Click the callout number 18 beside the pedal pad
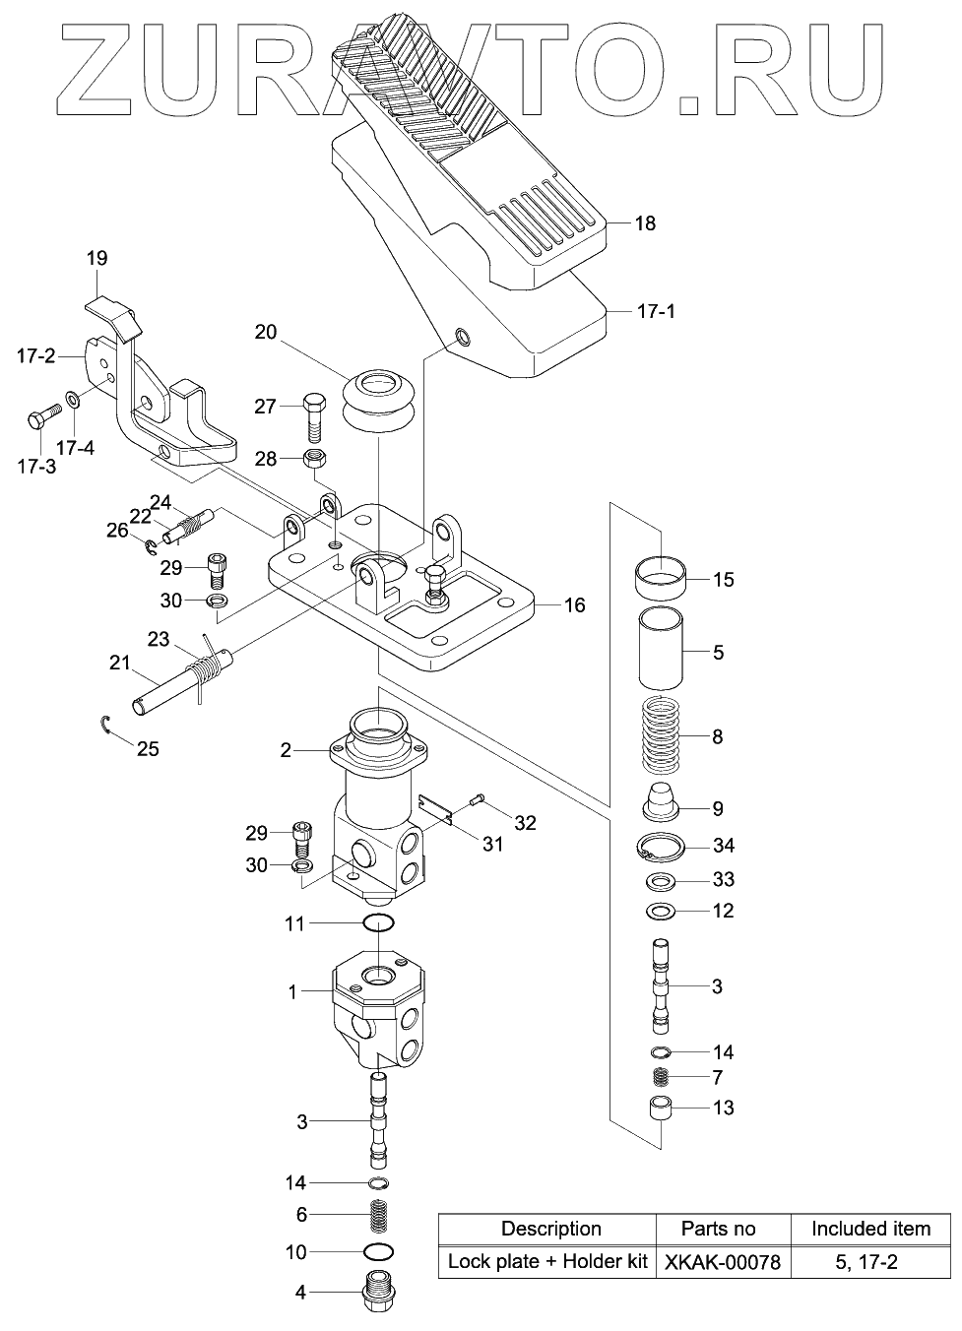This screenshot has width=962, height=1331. pyautogui.click(x=644, y=223)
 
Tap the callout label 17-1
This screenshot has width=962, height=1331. pyautogui.click(x=657, y=311)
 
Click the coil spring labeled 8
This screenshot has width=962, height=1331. pyautogui.click(x=660, y=735)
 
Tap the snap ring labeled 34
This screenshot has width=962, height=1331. pyautogui.click(x=660, y=846)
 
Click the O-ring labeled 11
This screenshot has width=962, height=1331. pyautogui.click(x=378, y=923)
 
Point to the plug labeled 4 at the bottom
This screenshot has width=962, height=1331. pyautogui.click(x=378, y=1289)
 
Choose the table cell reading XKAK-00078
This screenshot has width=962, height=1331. pyautogui.click(x=722, y=1261)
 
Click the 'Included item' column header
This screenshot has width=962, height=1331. pyautogui.click(x=869, y=1229)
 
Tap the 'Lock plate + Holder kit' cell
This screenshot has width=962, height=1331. pyautogui.click(x=547, y=1261)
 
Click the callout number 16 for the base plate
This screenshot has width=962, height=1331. pyautogui.click(x=573, y=604)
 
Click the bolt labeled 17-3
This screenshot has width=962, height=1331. pyautogui.click(x=42, y=420)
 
